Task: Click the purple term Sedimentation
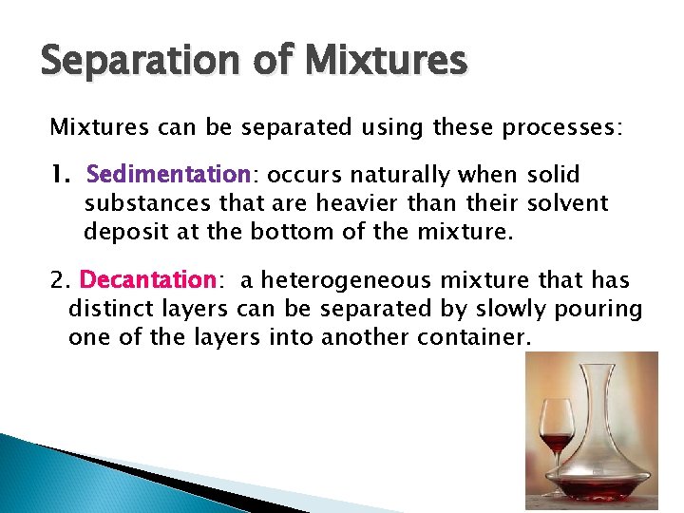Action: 167,175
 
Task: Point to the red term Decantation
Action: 148,280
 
